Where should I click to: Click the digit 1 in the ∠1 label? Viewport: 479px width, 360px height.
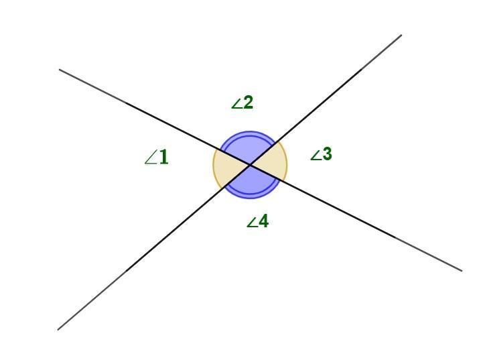tap(163, 156)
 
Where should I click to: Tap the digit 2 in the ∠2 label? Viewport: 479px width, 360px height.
tap(248, 103)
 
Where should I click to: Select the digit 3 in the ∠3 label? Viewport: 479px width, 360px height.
tap(327, 154)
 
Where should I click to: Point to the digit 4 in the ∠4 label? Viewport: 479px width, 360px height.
tap(263, 221)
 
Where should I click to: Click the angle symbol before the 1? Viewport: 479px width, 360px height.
tap(151, 159)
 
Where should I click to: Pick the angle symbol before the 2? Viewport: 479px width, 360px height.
tap(236, 104)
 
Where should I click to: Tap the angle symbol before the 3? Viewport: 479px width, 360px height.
tap(316, 156)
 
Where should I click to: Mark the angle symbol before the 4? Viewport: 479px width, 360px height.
tap(252, 223)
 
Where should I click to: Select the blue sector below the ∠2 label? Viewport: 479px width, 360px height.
tap(249, 147)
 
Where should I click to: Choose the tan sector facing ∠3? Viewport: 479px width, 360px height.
tap(272, 164)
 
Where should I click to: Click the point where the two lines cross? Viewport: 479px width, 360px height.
tap(250, 165)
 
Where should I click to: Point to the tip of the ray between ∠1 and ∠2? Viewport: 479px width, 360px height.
tap(60, 70)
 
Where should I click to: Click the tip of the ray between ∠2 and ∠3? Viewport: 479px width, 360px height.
tap(401, 35)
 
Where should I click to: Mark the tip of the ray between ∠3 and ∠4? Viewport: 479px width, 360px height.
tap(462, 270)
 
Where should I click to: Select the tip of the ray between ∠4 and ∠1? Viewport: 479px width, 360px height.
tap(58, 330)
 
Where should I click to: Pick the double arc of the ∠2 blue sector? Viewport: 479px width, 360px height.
tap(249, 132)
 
